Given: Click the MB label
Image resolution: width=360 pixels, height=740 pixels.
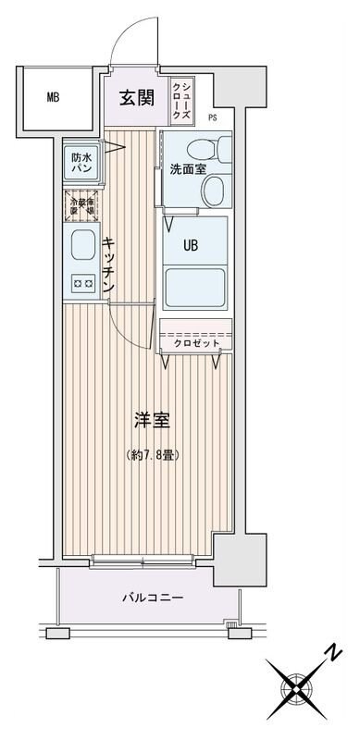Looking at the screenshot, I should [54, 96].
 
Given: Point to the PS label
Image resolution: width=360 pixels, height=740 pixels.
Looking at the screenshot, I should [213, 117].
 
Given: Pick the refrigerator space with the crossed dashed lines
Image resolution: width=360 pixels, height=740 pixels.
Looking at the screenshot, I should [81, 205].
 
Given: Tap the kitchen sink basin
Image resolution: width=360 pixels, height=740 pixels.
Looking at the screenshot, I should [81, 247].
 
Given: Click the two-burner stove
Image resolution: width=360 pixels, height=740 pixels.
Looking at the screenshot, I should [81, 285].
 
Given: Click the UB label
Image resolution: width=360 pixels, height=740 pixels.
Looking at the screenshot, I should [190, 246].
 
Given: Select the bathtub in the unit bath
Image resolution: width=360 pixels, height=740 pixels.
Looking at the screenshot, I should [195, 288].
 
